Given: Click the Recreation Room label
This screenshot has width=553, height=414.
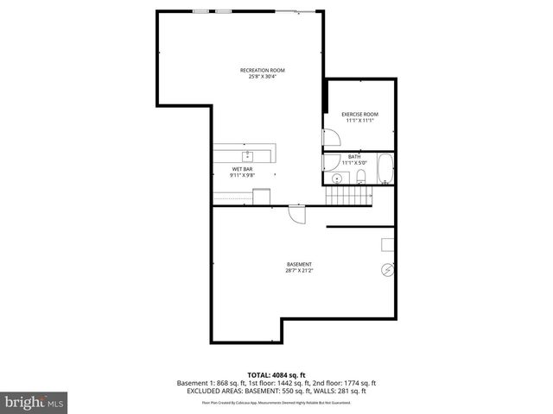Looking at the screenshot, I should pos(263,70).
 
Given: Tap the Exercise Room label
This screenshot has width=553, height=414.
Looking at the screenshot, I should pos(359,115).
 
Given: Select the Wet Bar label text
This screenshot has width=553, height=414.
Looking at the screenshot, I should pos(242,169).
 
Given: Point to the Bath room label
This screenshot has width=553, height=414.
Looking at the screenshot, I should pos(354,156).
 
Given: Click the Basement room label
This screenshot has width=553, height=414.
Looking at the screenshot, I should pos(299,264).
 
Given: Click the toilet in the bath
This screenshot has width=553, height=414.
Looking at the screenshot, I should pos(362,178).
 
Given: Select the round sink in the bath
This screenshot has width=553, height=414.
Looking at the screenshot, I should pos(336,179).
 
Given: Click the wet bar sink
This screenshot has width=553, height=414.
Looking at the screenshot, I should pos(248,155).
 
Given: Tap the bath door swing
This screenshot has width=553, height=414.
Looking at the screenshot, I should pos(329,161).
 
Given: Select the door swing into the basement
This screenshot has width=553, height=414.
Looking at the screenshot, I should pos(296,215).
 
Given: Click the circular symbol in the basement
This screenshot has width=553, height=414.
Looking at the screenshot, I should pos(386,271).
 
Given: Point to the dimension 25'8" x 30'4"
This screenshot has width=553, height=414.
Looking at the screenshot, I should pos(263,77).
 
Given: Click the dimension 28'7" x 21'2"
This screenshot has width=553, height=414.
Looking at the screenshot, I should pos(299,271).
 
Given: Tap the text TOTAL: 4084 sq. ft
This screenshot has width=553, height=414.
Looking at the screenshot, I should pos(276,374).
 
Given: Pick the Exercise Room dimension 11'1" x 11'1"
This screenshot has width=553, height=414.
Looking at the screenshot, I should pos(359,121).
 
